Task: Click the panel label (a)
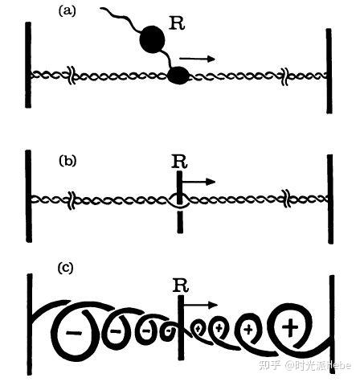pos(67,11)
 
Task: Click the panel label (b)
pos(67,161)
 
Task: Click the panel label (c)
pos(65,268)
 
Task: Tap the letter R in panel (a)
pos(178,23)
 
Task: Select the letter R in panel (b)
pos(179,162)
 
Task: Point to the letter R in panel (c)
pos(181,285)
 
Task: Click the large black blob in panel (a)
pos(152,39)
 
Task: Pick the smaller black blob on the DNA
pos(178,75)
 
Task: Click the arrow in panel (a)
pos(197,59)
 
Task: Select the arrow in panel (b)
pos(198,182)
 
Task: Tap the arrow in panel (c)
pos(201,305)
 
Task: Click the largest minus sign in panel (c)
pos(74,333)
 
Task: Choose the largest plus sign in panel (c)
pos(290,327)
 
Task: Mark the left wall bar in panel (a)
pos(28,65)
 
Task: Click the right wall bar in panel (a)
pos(329,71)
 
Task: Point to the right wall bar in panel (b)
pos(330,199)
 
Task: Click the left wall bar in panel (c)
pos(30,324)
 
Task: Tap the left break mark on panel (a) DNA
pos(72,76)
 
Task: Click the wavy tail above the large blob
pos(121,18)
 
